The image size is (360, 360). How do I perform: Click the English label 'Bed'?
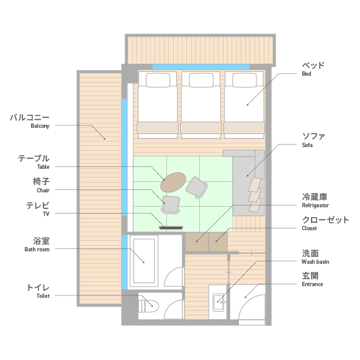(x=307, y=74)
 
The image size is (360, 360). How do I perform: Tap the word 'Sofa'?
(x=307, y=145)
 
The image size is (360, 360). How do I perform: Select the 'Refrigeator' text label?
(x=315, y=205)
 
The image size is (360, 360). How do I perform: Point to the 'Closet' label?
(x=309, y=228)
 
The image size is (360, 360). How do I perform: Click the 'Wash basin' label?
(x=315, y=262)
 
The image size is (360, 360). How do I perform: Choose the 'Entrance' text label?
(x=312, y=284)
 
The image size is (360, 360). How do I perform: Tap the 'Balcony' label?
(x=40, y=126)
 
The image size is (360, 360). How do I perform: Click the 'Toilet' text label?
(x=43, y=296)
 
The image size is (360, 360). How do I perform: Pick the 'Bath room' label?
(x=37, y=250)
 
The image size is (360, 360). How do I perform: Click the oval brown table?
(x=173, y=182)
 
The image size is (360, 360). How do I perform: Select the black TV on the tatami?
(x=171, y=228)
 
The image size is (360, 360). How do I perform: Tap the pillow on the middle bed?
(x=201, y=80)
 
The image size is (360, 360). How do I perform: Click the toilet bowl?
(x=148, y=306)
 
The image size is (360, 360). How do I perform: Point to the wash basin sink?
(x=218, y=302)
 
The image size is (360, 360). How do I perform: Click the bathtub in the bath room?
(x=144, y=261)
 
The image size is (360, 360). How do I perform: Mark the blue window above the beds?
(x=201, y=67)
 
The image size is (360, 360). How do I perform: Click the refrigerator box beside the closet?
(x=197, y=242)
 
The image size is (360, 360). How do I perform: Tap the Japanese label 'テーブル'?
(x=34, y=158)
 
